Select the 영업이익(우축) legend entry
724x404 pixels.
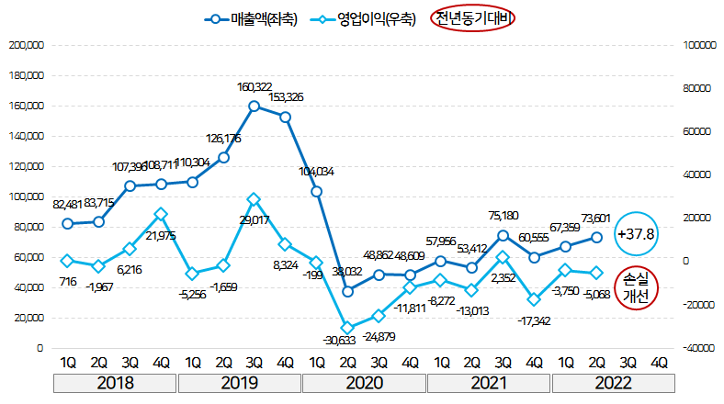pos(368,19)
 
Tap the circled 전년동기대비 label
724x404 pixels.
pos(474,19)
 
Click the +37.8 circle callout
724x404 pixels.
pos(636,234)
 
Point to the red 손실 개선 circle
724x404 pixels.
pos(636,286)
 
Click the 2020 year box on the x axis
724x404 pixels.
pos(365,382)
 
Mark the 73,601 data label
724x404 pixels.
pos(596,217)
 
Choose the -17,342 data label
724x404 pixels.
pos(533,321)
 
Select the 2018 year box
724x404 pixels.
pos(115,382)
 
